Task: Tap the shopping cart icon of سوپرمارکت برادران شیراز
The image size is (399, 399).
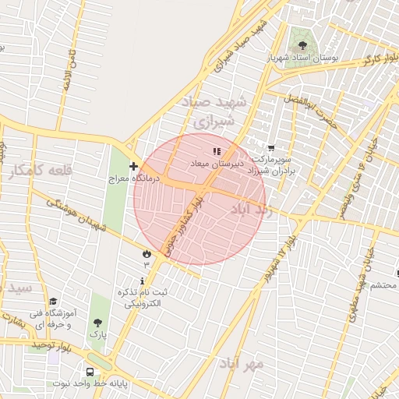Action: click(270, 148)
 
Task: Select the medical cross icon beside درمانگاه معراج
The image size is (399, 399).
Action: click(134, 166)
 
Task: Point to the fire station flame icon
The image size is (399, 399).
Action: click(146, 253)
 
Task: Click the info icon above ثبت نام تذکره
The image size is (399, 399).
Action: click(141, 281)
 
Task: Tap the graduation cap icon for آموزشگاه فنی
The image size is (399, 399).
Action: click(53, 302)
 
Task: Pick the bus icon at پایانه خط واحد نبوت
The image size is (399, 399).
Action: click(90, 372)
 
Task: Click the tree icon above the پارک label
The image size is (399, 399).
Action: click(97, 323)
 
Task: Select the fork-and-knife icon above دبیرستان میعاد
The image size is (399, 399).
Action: click(217, 150)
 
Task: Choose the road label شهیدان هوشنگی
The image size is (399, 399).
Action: click(76, 216)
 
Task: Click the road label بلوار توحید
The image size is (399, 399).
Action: click(51, 344)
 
